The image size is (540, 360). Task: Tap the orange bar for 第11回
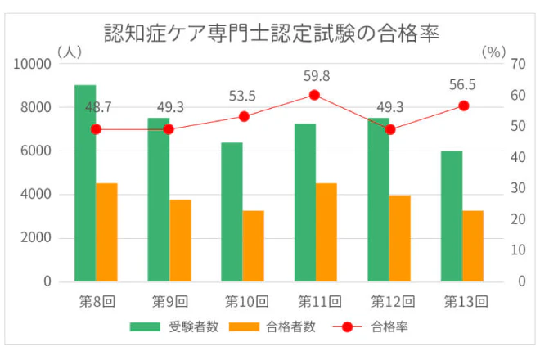click(x=326, y=232)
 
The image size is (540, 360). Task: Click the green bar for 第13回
click(x=451, y=216)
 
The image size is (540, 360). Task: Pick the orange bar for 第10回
click(x=253, y=246)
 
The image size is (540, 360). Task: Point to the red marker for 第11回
click(x=314, y=95)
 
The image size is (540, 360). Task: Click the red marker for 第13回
click(x=463, y=106)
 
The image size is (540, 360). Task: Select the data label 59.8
click(x=317, y=76)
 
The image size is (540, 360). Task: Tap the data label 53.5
click(x=242, y=97)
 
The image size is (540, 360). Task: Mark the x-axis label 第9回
click(x=170, y=301)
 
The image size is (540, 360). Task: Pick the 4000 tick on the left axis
click(x=36, y=195)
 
